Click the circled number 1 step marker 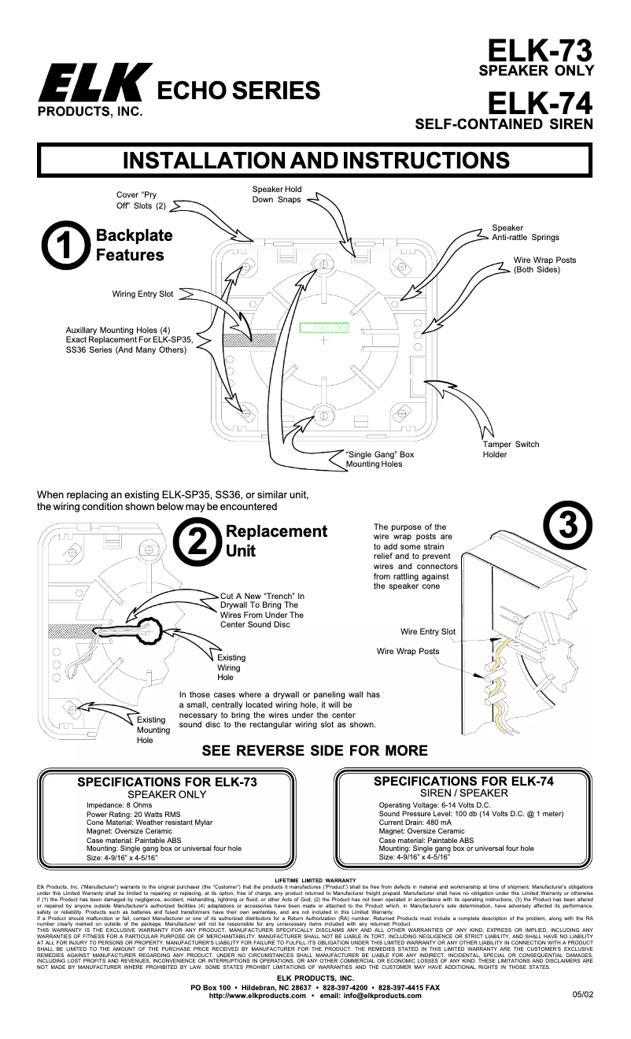pyautogui.click(x=64, y=246)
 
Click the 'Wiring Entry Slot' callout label pyautogui.click(x=142, y=294)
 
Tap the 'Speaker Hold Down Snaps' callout pyautogui.click(x=277, y=194)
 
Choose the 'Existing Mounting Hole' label pyautogui.click(x=153, y=730)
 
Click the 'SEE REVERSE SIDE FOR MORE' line pyautogui.click(x=315, y=750)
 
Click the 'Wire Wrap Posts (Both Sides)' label pyautogui.click(x=544, y=264)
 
